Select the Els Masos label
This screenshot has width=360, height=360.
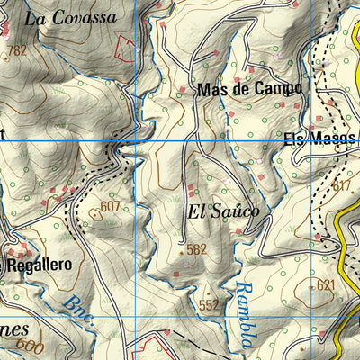pos(320,139)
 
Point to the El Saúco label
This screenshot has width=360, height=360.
pos(224,211)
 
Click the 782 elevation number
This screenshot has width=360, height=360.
pos(17,50)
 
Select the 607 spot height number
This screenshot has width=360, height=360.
pos(110,206)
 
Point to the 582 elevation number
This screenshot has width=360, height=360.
pos(197,249)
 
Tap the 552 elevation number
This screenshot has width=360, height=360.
pos(209,305)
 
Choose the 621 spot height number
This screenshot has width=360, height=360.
pos(325,285)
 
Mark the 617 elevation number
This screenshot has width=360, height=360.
pos(341,185)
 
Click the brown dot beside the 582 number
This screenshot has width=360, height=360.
pos(182,253)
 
